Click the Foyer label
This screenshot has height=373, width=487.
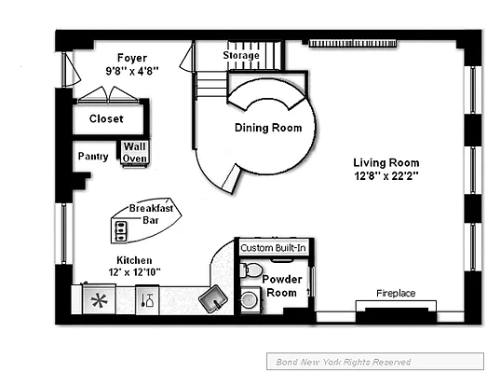(132, 58)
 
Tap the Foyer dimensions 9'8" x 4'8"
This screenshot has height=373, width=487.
(132, 69)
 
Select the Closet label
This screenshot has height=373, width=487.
(106, 118)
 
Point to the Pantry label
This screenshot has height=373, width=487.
(92, 157)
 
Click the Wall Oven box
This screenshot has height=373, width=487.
(133, 152)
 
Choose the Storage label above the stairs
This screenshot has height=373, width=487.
(240, 56)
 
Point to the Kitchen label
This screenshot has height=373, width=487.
(134, 260)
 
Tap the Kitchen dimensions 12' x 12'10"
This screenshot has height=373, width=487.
(134, 272)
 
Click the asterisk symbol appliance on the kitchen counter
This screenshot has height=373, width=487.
(98, 300)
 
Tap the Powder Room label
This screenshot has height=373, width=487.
(279, 285)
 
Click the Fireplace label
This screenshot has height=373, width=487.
(395, 293)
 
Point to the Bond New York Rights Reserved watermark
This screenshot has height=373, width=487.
(343, 362)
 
